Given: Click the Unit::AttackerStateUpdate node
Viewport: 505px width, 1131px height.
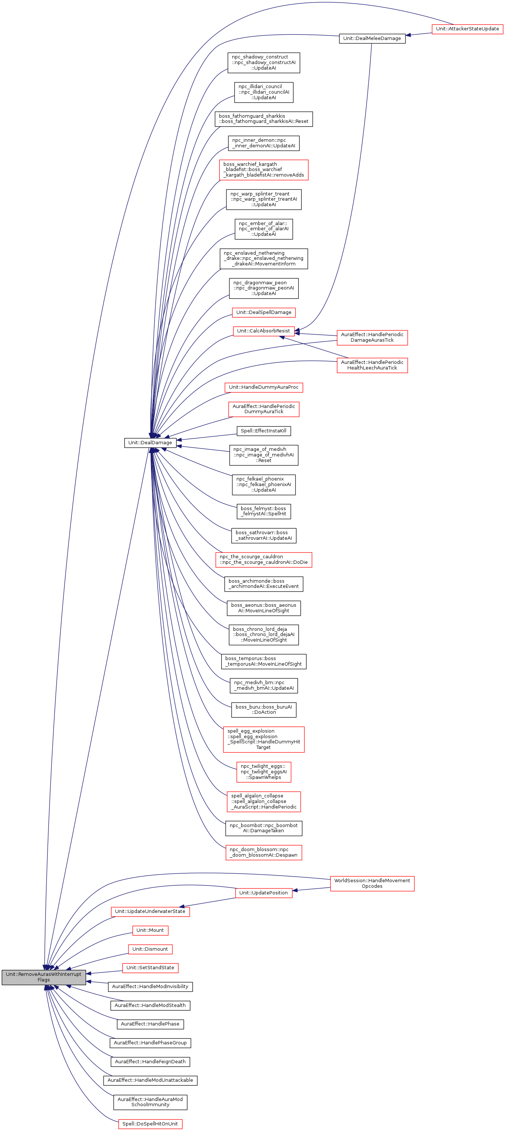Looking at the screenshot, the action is coord(467,29).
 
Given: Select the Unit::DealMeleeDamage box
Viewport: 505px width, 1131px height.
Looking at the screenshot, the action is coord(372,39).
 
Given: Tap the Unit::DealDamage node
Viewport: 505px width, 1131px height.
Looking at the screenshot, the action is coord(150,442).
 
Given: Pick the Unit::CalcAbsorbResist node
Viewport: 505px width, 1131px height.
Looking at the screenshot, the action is coord(263,331).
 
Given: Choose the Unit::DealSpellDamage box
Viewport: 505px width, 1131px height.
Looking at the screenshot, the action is coord(264,312).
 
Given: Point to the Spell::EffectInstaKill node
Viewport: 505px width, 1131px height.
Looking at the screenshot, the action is coord(263,431).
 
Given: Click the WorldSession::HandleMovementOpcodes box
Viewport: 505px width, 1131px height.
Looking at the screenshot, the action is coord(372,883).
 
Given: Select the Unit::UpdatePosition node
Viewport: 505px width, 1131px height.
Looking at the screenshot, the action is coord(263,893).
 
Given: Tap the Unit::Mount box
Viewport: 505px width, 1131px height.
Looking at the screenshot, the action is coord(150,930).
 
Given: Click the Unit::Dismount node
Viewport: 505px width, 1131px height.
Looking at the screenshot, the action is coord(150,949).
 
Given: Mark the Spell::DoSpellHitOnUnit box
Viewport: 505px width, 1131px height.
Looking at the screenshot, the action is coord(150,1124).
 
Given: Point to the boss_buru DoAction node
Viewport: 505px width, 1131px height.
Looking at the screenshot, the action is coord(264,709).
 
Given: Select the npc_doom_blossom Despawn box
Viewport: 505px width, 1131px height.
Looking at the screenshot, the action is coord(264,852).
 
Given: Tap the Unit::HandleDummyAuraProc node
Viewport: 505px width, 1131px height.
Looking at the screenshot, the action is coord(264,387).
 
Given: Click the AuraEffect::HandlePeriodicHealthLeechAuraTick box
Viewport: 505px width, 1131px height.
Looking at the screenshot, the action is coord(372,365).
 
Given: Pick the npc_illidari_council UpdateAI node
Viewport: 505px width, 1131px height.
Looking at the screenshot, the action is coord(264,92).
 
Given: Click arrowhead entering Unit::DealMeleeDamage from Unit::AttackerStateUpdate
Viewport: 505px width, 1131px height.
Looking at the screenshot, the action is coord(408,36).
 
